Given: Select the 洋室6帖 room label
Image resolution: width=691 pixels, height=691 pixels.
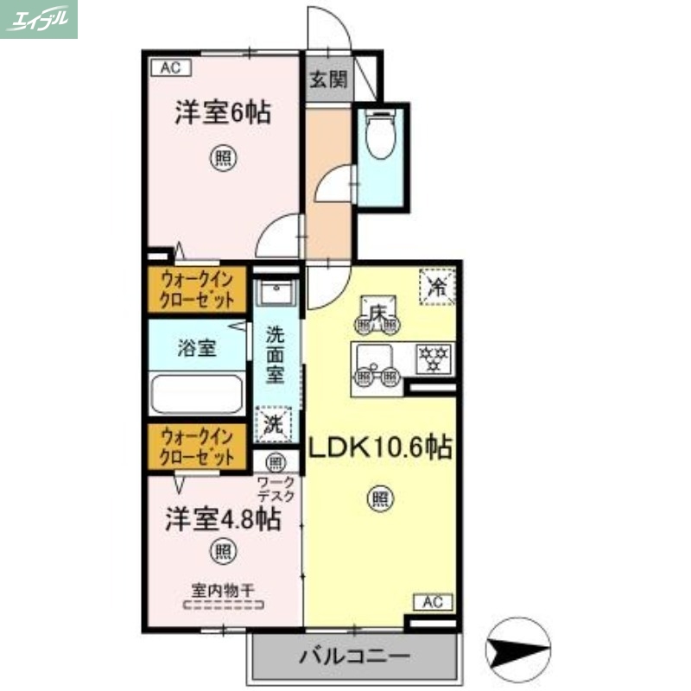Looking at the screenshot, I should [222, 113].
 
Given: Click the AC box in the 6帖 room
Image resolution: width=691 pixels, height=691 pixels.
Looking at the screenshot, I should [169, 67].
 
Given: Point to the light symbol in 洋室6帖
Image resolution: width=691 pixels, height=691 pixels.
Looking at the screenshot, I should [223, 158].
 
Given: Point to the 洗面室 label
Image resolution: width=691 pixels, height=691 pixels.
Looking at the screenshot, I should [275, 353].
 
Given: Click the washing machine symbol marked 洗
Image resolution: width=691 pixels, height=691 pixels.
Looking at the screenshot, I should [273, 424].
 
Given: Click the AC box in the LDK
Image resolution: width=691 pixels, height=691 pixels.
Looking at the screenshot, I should [434, 601].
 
